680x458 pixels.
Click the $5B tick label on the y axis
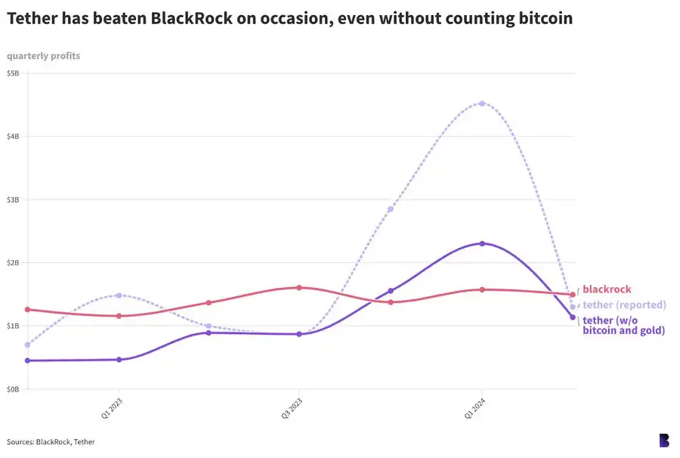(14, 73)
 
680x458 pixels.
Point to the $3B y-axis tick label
(14, 200)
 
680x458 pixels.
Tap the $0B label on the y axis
(14, 389)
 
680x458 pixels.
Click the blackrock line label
(607, 289)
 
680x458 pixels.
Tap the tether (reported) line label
(624, 305)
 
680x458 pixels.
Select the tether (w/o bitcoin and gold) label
(623, 326)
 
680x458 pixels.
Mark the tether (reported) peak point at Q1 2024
(482, 104)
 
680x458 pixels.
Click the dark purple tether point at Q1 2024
(482, 243)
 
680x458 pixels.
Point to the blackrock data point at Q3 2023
(299, 288)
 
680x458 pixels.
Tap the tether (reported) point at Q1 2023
(119, 296)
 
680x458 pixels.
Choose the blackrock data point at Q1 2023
(119, 316)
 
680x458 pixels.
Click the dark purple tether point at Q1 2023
(119, 360)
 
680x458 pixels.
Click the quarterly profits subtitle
(43, 56)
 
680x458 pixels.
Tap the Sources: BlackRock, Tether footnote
(51, 441)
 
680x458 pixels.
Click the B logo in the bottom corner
(663, 441)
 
